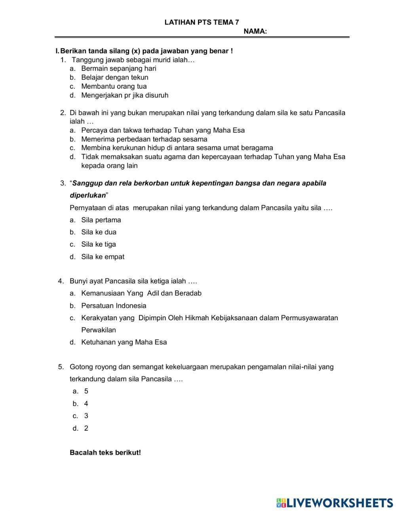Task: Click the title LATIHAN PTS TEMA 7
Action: [x=202, y=23]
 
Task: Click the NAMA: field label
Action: [x=255, y=32]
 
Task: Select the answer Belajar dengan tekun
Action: [x=114, y=78]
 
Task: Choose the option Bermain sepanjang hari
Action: [x=118, y=68]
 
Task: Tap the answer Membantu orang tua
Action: [x=114, y=86]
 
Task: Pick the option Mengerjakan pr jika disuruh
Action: [x=124, y=95]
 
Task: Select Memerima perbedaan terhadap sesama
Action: [x=144, y=139]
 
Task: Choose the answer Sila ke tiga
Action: [x=99, y=245]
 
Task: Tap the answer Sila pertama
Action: [x=101, y=220]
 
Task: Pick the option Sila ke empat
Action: [x=103, y=257]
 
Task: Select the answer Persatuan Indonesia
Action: [x=114, y=306]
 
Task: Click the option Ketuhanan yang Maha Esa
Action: [x=124, y=342]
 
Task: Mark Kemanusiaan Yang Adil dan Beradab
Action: [x=141, y=294]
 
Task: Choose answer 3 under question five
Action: [x=86, y=416]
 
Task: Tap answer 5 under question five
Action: [x=86, y=391]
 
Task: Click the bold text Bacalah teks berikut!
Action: [x=105, y=452]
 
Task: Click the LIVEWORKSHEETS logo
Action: [x=335, y=503]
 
